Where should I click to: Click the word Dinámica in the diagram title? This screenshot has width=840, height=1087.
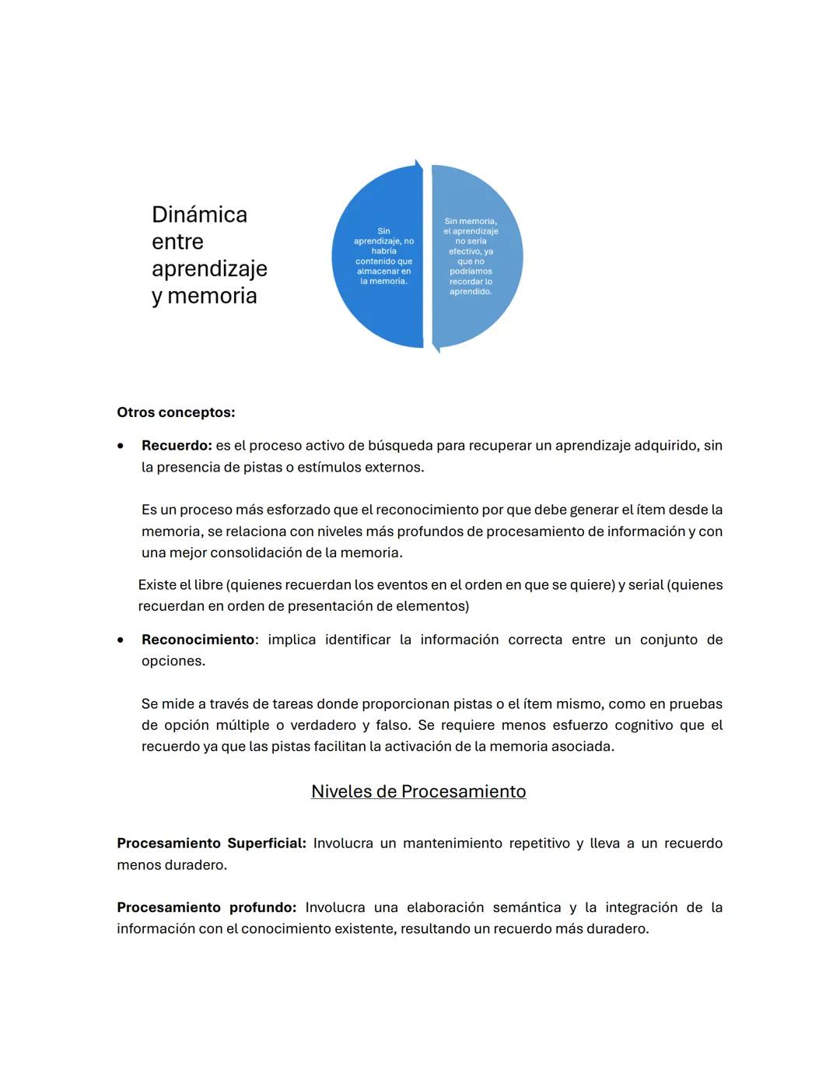click(199, 215)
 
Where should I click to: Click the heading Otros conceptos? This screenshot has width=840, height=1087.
click(176, 412)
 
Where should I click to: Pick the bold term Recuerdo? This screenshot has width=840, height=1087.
click(177, 446)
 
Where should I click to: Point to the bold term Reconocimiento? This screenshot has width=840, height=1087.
click(198, 640)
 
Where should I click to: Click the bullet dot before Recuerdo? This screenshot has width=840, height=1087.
click(121, 447)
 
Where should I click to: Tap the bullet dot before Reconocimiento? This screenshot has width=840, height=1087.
click(121, 640)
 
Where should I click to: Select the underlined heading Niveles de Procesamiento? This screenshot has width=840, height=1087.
click(418, 791)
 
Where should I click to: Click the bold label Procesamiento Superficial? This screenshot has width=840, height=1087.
click(212, 843)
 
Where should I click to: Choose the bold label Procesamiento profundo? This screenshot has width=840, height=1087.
click(206, 907)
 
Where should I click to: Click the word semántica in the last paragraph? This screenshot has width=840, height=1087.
click(527, 907)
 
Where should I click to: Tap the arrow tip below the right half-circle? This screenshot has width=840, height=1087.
click(436, 349)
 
